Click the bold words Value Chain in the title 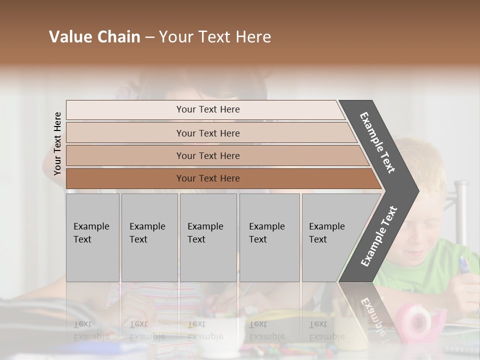click(x=94, y=37)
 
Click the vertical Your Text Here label click(x=57, y=143)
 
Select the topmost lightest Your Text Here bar click(x=207, y=109)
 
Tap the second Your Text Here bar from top click(x=207, y=133)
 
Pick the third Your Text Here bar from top click(x=207, y=155)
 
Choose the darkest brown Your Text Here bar click(x=207, y=178)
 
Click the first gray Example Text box click(x=92, y=237)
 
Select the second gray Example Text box click(x=149, y=237)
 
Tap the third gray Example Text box click(x=207, y=237)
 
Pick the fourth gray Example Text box click(x=269, y=237)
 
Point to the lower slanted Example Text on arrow click(x=379, y=236)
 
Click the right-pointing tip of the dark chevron click(x=416, y=191)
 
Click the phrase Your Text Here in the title click(x=215, y=37)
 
